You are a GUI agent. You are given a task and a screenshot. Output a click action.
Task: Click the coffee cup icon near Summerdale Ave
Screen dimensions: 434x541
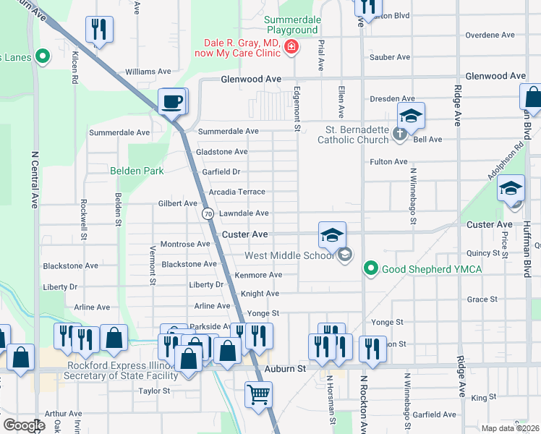[x=172, y=101]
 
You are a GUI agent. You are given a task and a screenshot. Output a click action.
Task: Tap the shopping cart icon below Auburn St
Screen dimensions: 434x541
[x=258, y=395]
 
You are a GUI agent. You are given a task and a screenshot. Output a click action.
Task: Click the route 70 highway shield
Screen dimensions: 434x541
[x=208, y=214]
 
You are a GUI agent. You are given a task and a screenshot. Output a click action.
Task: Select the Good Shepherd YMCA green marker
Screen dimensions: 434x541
[x=371, y=269]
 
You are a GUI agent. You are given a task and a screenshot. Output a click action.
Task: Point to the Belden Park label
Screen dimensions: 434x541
[x=137, y=171]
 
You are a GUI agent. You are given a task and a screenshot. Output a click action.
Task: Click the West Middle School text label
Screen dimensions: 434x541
[x=290, y=255]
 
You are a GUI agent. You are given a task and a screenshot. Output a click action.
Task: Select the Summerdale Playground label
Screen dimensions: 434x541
[x=291, y=25]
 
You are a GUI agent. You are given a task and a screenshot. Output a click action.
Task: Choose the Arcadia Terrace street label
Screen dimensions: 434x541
[x=237, y=192]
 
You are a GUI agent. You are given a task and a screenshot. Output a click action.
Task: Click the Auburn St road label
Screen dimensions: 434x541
[x=286, y=369]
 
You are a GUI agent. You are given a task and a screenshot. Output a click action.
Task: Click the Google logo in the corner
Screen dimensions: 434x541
[x=24, y=425]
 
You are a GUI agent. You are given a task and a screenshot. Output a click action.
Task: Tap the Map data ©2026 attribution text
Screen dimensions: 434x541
[x=510, y=428]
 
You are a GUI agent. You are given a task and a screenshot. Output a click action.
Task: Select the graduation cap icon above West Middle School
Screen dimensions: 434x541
[x=332, y=235]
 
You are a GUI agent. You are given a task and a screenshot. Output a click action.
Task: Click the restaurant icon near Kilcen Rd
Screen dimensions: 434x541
[x=98, y=30]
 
